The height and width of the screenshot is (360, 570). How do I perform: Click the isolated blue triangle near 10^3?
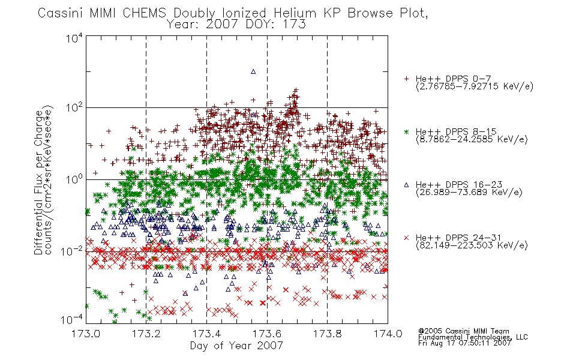point(253,71)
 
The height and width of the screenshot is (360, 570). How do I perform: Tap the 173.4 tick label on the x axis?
point(206,334)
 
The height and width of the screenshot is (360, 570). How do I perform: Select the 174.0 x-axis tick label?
point(388,334)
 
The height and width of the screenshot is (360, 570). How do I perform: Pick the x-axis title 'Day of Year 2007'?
point(236,346)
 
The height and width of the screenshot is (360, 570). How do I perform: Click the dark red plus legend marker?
point(406,79)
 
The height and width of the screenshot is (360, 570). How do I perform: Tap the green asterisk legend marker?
point(406,131)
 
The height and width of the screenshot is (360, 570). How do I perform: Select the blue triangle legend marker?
point(406,185)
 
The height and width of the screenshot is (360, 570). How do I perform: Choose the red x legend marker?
point(406,238)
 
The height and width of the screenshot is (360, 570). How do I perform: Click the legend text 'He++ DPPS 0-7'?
point(454,79)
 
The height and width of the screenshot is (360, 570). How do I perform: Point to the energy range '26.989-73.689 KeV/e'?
point(469,192)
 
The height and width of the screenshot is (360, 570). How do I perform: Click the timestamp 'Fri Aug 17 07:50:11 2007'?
point(464,343)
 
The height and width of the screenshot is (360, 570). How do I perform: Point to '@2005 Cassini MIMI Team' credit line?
point(464,331)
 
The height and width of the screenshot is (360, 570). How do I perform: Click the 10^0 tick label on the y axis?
point(74,179)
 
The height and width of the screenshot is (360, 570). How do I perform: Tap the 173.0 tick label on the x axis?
point(86,334)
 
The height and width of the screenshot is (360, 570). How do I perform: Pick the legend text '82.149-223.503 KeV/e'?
point(472,245)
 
